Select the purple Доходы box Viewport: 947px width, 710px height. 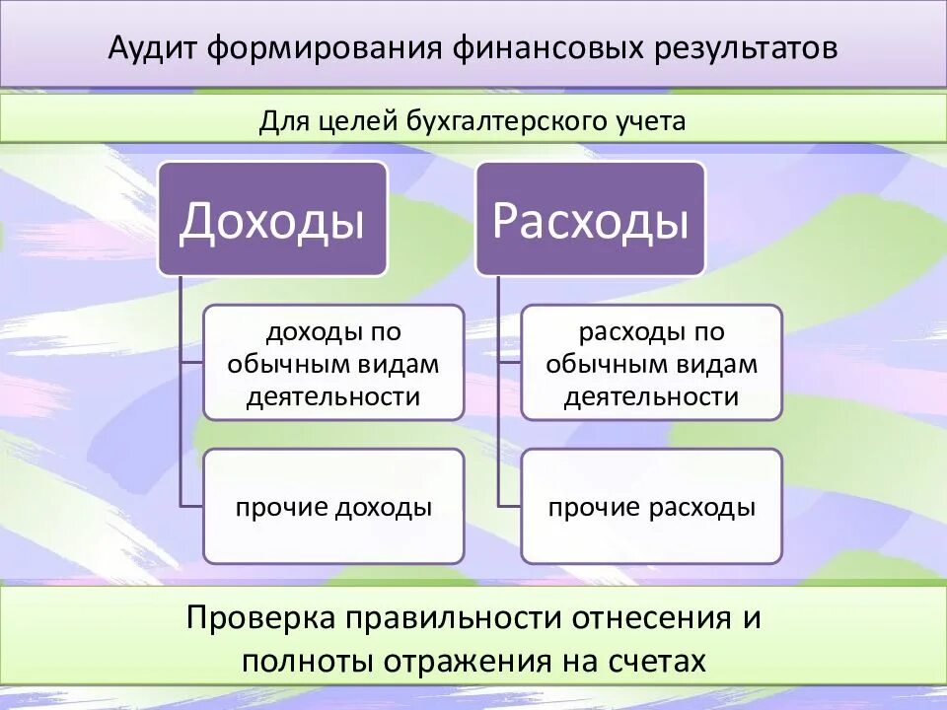[x=272, y=220]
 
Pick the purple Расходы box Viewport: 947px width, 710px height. [x=590, y=220]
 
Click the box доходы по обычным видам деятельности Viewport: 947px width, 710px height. [x=333, y=364]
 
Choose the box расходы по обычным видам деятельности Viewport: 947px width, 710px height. [x=651, y=364]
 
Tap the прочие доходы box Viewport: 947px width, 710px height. [x=333, y=507]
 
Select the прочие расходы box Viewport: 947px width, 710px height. [x=651, y=507]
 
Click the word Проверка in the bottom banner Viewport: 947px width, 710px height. [x=259, y=619]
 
